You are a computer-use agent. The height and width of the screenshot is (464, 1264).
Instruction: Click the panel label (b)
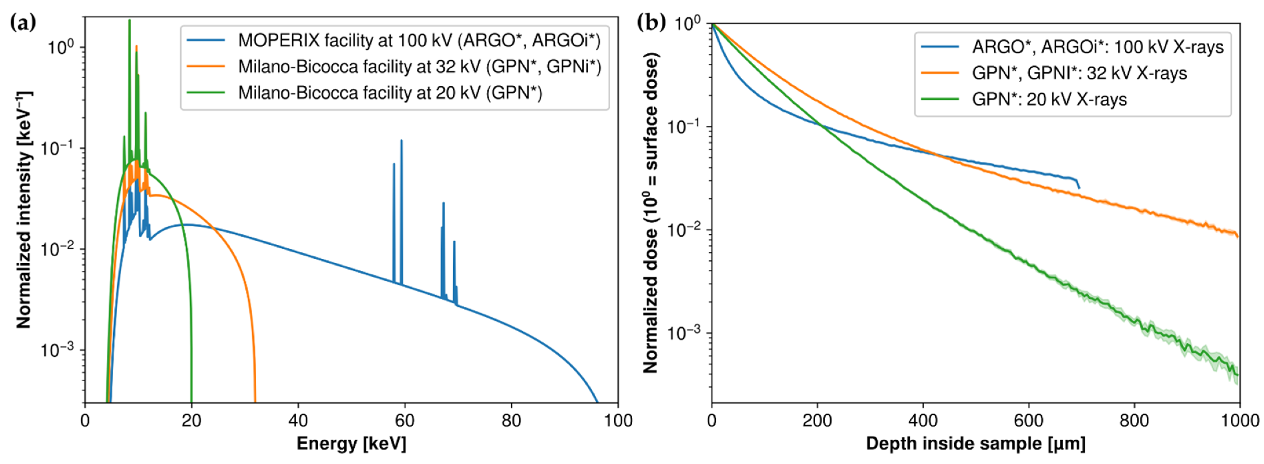pos(651,22)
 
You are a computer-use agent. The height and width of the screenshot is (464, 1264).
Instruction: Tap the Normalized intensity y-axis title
pos(23,210)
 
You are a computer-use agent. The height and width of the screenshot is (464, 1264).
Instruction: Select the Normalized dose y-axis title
pos(650,212)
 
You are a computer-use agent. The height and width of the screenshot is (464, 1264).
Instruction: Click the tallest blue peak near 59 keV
pos(401,141)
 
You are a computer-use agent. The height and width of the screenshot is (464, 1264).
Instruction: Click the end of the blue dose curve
pos(1079,188)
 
